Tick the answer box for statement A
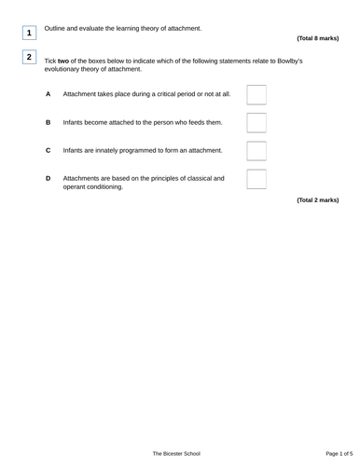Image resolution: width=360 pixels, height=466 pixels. click(256, 94)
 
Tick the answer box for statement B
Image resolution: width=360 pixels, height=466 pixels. click(256, 122)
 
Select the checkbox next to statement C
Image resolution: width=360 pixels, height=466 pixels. click(256, 150)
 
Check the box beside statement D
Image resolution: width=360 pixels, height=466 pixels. click(256, 180)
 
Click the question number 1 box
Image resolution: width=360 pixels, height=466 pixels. click(30, 34)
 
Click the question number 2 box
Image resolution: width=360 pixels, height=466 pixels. click(30, 59)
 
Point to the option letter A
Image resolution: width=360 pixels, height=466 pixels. click(48, 95)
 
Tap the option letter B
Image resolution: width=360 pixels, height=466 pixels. click(48, 122)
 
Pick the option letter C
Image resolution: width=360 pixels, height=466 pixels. click(48, 150)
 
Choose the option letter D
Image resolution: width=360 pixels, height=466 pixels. click(48, 177)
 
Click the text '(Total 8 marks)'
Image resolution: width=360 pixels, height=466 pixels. click(317, 38)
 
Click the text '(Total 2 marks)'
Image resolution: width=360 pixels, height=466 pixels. click(317, 199)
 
